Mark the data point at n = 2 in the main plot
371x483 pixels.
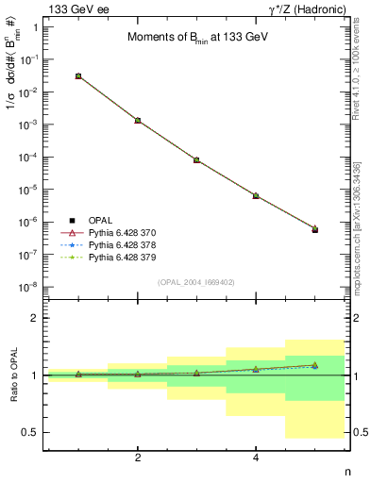point(138,121)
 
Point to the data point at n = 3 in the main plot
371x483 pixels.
point(196,160)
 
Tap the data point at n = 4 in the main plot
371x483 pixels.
point(256,195)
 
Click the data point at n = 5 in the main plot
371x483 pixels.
point(314,229)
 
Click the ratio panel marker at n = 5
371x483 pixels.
point(314,365)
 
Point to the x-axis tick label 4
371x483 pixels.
point(256,458)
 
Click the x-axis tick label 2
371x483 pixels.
point(138,458)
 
